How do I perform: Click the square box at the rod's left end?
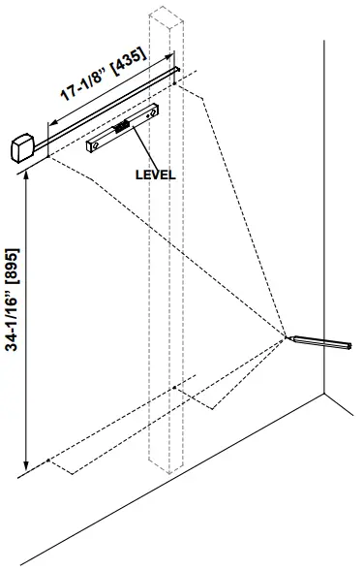point(20,149)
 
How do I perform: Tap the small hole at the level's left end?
point(94,145)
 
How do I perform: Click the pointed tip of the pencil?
point(288,337)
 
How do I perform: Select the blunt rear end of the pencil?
point(351,344)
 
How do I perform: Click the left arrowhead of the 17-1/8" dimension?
point(49,124)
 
